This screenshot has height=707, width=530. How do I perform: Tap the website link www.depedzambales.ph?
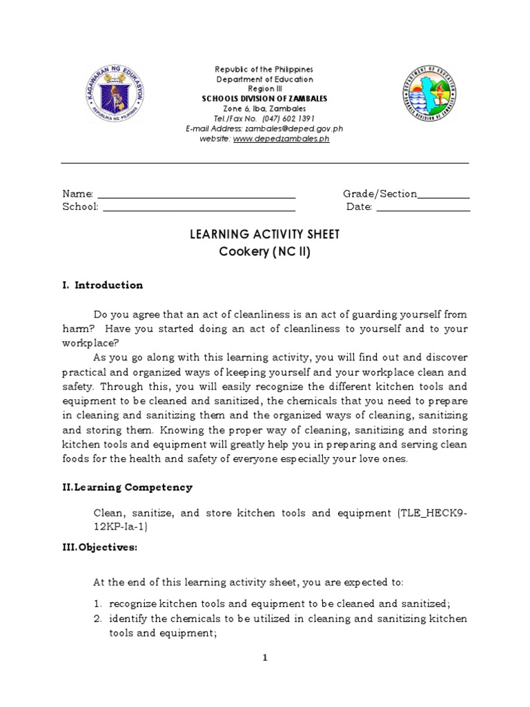point(271,138)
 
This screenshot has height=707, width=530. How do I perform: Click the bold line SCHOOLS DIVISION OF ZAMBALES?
point(264,99)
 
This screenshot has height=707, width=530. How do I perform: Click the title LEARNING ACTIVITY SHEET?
point(264,235)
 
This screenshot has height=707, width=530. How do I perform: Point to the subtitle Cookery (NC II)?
point(264,252)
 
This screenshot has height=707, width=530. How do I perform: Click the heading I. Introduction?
point(103,285)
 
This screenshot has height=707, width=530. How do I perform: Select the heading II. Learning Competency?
point(128,487)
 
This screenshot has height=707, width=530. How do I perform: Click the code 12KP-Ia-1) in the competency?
point(120,526)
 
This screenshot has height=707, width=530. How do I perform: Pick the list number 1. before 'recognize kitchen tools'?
point(98,603)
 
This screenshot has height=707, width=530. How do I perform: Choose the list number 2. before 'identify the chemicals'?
point(98,619)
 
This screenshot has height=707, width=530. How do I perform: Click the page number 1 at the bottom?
point(265,658)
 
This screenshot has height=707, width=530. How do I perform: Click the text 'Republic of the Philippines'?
point(264,70)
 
